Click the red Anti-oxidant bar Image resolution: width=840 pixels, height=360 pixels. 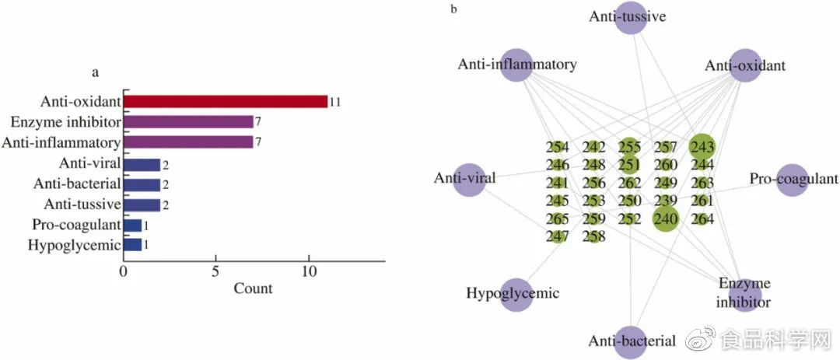click(x=226, y=101)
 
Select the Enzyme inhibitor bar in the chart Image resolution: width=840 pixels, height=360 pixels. click(x=188, y=122)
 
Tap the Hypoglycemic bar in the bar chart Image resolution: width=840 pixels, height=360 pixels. click(x=132, y=245)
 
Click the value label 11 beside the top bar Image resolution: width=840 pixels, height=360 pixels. click(x=335, y=102)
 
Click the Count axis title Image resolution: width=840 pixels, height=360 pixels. click(x=253, y=288)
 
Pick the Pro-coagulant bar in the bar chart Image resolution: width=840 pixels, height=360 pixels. click(x=132, y=225)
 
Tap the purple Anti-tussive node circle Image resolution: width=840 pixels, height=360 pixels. click(x=630, y=19)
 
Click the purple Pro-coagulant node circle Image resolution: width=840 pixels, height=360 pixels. click(x=792, y=180)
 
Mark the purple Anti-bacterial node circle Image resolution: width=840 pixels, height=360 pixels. click(x=630, y=342)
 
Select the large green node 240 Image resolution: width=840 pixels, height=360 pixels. click(x=666, y=219)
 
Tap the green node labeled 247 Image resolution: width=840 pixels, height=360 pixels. click(x=557, y=236)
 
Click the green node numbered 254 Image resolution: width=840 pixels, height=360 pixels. click(x=557, y=148)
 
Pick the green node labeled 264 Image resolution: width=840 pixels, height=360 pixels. click(x=702, y=219)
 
